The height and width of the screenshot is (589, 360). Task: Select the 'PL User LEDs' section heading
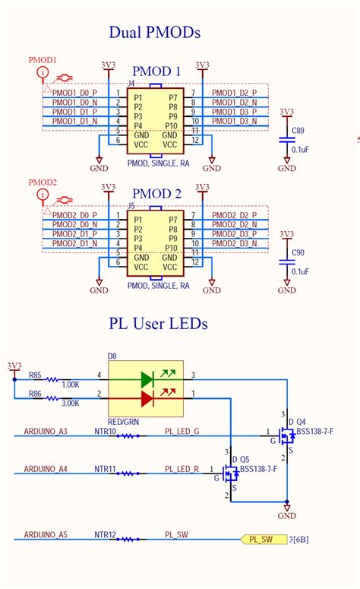point(156,324)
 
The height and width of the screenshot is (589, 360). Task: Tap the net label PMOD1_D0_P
point(74,93)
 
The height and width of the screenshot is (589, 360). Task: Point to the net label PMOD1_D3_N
point(235,121)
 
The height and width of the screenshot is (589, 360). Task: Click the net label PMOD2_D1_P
point(74,234)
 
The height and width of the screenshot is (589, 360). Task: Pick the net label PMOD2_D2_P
point(235,215)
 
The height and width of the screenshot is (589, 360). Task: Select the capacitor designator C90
point(287,253)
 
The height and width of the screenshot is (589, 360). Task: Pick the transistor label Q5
point(245,460)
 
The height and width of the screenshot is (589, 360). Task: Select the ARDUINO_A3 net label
point(46,431)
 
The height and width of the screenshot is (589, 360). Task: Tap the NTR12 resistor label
point(105,535)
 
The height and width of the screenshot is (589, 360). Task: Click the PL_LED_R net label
point(182,469)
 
